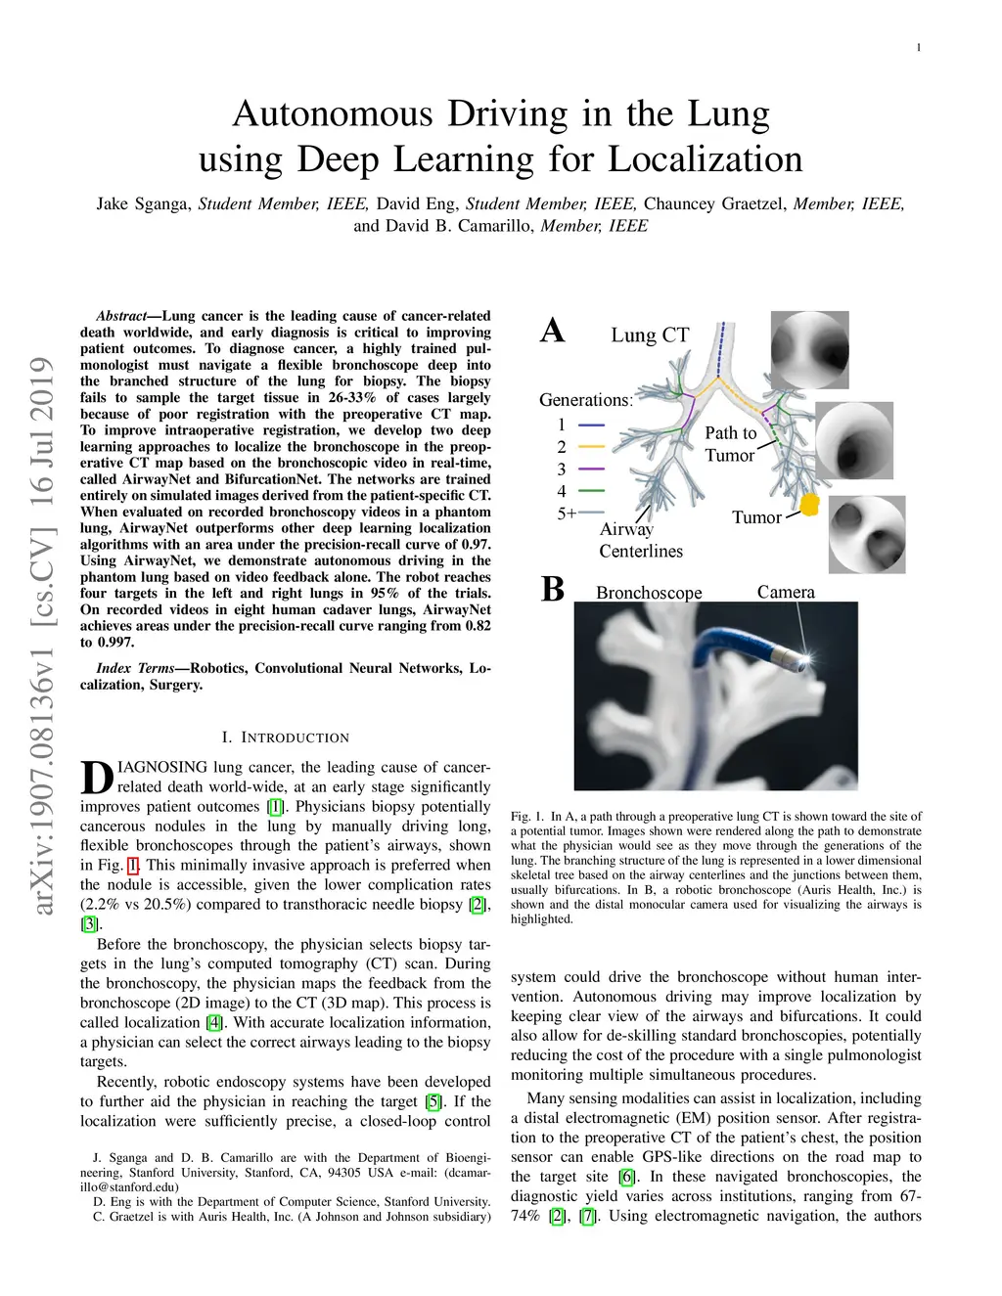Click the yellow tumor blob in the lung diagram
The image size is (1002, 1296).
[809, 505]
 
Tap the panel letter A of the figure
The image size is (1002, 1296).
[552, 331]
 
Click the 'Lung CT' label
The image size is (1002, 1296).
[650, 335]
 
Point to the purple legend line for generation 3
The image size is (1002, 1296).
[591, 469]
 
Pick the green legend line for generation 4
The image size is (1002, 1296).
[591, 491]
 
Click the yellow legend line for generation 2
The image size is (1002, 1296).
[591, 447]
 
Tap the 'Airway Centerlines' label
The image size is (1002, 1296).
[641, 540]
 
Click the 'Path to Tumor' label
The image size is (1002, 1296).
[731, 444]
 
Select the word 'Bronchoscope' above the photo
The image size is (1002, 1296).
[649, 592]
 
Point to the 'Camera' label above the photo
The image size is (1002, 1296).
[786, 592]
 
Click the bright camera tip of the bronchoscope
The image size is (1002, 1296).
[808, 658]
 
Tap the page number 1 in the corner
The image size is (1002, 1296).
[919, 48]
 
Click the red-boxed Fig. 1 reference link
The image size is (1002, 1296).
[133, 865]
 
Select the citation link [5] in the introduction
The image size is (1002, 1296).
[433, 1101]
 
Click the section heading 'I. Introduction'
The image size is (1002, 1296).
[285, 737]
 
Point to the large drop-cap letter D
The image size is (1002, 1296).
[97, 778]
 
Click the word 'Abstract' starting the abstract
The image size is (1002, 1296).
[121, 316]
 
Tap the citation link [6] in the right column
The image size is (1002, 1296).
[627, 1177]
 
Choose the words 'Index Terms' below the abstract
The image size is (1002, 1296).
[135, 668]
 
